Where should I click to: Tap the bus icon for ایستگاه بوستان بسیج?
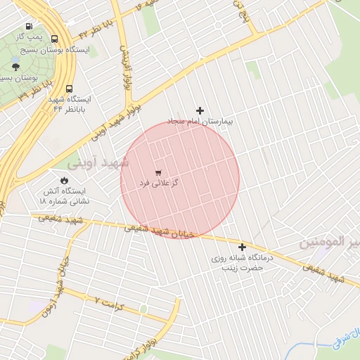(55, 39)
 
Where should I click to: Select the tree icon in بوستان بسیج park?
(15, 67)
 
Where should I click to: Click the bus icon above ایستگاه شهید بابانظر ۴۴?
(69, 89)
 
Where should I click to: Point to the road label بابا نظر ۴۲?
(94, 29)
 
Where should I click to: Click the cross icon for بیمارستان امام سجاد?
(200, 110)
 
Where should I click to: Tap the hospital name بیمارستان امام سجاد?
(200, 122)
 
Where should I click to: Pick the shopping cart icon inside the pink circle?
(158, 172)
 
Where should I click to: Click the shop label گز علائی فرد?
(158, 183)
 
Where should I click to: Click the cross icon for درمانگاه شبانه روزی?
(243, 247)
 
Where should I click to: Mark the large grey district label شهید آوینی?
(99, 162)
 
